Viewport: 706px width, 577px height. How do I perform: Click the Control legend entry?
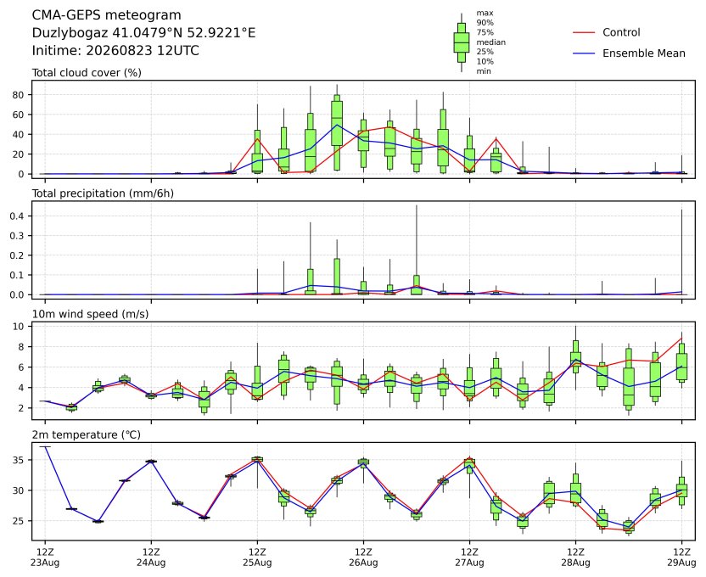click(606, 32)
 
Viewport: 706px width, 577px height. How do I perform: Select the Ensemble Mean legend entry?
click(629, 53)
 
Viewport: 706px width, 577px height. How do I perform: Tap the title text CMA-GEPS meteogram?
click(106, 15)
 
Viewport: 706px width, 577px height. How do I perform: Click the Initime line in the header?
click(115, 50)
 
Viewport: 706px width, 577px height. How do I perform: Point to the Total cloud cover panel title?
click(87, 73)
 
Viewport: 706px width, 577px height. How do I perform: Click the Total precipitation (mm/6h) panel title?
click(103, 193)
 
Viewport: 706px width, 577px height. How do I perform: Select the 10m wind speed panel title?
click(90, 314)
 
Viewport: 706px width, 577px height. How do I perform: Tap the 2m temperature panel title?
click(86, 434)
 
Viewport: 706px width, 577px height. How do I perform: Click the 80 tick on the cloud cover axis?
click(18, 95)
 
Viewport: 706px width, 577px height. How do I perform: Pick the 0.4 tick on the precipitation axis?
click(16, 216)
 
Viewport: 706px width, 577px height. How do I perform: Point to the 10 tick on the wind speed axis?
click(18, 327)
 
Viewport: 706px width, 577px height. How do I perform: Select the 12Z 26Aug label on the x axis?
click(363, 557)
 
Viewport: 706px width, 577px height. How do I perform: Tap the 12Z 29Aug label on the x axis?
click(681, 557)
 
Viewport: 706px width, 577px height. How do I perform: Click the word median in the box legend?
click(490, 42)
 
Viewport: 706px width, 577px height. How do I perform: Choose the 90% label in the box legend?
click(485, 23)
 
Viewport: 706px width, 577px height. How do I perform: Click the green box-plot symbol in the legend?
click(462, 42)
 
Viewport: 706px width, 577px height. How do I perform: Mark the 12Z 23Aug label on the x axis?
click(45, 557)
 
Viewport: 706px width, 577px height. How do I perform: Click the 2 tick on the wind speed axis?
click(21, 408)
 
